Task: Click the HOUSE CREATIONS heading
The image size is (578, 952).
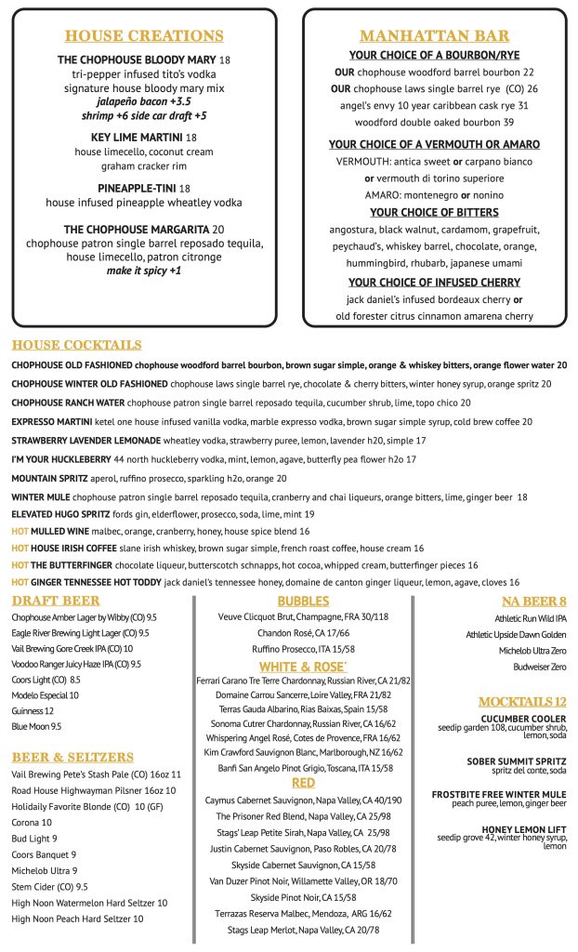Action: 144,36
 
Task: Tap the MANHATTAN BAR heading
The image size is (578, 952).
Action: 434,36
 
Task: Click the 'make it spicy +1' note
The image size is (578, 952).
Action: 144,271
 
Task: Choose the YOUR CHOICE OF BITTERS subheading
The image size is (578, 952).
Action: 434,212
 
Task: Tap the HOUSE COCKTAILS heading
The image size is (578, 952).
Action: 77,345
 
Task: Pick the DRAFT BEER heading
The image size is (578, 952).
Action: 57,602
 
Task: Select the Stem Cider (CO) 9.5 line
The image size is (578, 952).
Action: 49,886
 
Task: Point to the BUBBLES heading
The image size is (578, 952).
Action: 303,601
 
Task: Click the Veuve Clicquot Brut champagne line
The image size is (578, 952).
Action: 303,617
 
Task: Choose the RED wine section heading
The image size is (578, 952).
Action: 303,783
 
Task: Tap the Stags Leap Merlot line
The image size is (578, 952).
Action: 303,930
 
